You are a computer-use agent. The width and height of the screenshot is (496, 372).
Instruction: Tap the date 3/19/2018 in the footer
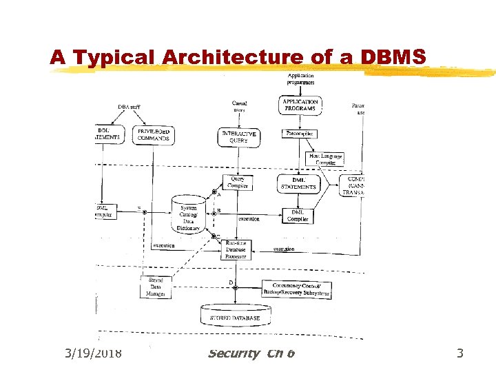93,353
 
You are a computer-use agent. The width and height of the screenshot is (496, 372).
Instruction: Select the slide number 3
460,353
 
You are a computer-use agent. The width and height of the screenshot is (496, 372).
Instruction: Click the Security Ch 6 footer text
251,353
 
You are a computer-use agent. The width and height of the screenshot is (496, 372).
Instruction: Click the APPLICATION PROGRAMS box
300,105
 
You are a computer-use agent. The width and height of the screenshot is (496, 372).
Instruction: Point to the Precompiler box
300,134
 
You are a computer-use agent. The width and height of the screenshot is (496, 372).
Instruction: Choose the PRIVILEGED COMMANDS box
154,134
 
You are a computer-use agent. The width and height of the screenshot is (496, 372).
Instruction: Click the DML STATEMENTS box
299,182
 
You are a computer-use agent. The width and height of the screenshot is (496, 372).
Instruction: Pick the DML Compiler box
297,216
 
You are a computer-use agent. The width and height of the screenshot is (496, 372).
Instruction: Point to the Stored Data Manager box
156,287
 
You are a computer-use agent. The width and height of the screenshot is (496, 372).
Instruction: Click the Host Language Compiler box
325,159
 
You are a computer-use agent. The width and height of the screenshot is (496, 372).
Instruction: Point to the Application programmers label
300,79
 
